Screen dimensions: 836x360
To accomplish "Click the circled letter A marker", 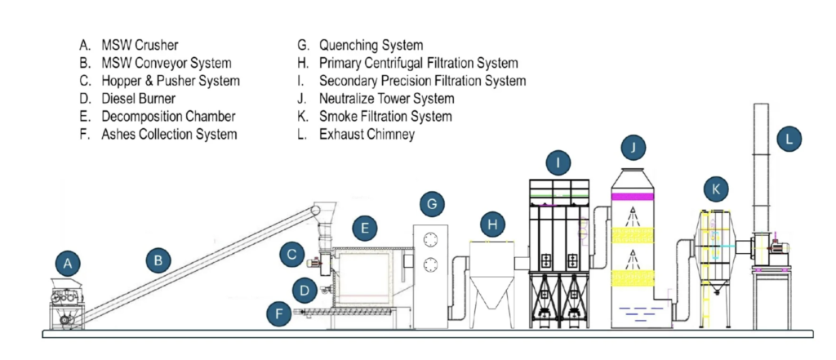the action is (x=68, y=264).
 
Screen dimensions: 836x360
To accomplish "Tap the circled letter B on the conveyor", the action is (x=158, y=260).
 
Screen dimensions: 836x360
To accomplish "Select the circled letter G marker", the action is (x=433, y=204).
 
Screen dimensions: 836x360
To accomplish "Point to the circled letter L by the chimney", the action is (x=789, y=139).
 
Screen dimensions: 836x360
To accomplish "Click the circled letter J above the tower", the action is (x=633, y=147).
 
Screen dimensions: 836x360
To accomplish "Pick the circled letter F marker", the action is (x=279, y=314).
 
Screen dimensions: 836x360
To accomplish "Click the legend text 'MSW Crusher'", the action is (x=140, y=46).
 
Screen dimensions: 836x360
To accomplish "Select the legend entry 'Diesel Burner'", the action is (x=139, y=99).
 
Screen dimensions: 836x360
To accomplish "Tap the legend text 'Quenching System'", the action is (x=371, y=46).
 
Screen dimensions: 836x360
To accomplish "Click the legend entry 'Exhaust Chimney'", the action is (x=367, y=135).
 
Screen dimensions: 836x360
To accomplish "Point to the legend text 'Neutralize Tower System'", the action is (x=386, y=99).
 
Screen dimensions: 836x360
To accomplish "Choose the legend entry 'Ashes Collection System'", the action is (x=169, y=135).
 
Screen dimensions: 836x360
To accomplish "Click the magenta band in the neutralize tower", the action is (x=633, y=197).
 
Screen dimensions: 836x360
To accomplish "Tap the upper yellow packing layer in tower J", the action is (x=633, y=235).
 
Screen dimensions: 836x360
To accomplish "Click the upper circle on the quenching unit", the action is (x=430, y=241).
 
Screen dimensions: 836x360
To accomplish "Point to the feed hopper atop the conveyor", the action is (x=324, y=208).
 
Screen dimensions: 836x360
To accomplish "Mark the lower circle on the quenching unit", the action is (x=430, y=264).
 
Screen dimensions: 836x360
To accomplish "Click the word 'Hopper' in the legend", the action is (x=122, y=81).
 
